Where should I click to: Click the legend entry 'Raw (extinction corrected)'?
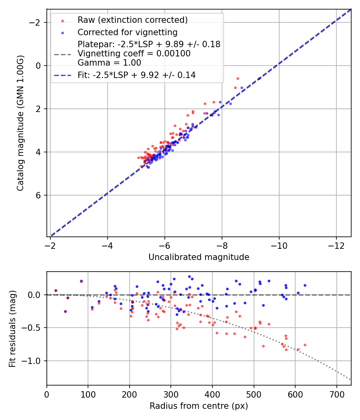pos(132,20)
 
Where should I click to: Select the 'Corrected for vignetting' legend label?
pos(127,32)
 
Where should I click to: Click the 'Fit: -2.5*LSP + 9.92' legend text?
pos(136,75)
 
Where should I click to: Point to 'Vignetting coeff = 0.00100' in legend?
pos(134,54)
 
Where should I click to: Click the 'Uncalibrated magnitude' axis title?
pos(199,257)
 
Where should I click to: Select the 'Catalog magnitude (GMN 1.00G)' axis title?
pos(20,123)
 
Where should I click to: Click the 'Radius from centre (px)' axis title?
pos(199,406)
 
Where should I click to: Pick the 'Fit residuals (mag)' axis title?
pos(12,328)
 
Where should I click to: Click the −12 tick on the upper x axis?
pos(336,244)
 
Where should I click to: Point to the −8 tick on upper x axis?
pos(222,244)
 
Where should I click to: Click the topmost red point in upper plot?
pos(238,78)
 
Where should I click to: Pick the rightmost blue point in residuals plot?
pos(305,285)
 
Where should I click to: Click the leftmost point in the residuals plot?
pos(56,290)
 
